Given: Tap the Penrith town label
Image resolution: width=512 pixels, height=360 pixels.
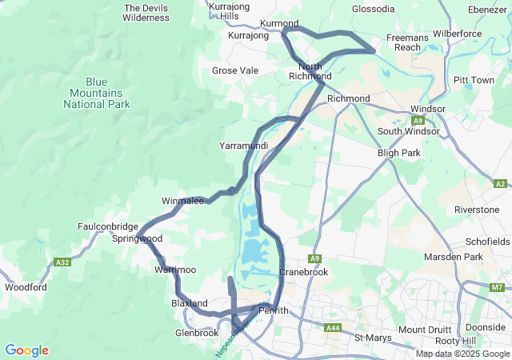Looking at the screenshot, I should (274, 310).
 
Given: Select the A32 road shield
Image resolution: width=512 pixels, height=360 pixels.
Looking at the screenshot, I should (63, 262).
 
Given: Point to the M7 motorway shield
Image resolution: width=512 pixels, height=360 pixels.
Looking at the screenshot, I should (497, 287).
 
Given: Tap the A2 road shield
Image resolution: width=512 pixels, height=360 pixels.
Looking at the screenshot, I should (500, 184).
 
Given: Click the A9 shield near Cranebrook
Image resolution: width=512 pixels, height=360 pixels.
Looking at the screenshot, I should (315, 258).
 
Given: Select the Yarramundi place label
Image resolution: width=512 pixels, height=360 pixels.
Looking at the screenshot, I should (243, 146).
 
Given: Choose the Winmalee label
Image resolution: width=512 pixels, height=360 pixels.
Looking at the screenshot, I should (182, 201).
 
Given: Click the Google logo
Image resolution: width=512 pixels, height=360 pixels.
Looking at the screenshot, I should (26, 350).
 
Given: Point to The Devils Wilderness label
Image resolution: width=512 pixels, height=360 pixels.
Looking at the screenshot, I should (146, 12).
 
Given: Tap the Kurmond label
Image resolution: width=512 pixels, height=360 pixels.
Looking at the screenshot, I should (279, 24).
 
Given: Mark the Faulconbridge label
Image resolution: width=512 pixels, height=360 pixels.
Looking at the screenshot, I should (108, 226).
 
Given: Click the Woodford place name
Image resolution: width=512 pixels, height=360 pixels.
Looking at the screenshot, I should (26, 287).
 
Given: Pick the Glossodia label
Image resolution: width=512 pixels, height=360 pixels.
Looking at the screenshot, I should (373, 9).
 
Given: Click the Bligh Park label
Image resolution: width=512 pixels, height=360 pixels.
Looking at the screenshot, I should (398, 152).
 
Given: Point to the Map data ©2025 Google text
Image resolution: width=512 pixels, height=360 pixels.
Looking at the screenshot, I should (462, 354).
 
